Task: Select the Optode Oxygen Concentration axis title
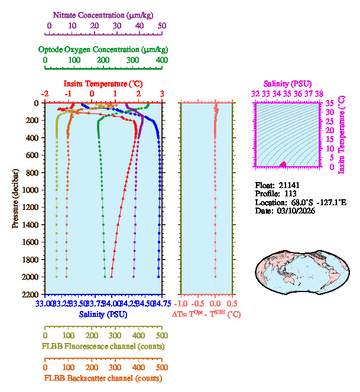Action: [x=103, y=49]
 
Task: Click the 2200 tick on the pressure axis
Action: [x=31, y=294]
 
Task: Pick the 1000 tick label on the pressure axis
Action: [x=31, y=190]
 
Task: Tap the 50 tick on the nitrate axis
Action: [x=162, y=25]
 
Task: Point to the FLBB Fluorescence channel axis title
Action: [x=103, y=346]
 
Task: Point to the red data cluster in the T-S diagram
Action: [x=283, y=164]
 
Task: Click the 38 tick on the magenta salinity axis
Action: [x=319, y=93]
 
